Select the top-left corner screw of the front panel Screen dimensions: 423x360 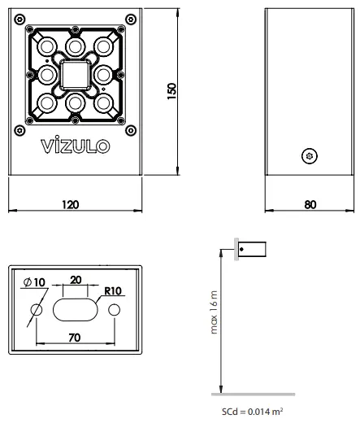click(x=20, y=20)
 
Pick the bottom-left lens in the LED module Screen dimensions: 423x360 click(x=47, y=104)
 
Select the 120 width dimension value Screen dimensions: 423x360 click(x=75, y=206)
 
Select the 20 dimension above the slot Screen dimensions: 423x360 click(x=75, y=280)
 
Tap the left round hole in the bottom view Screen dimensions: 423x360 click(x=37, y=310)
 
